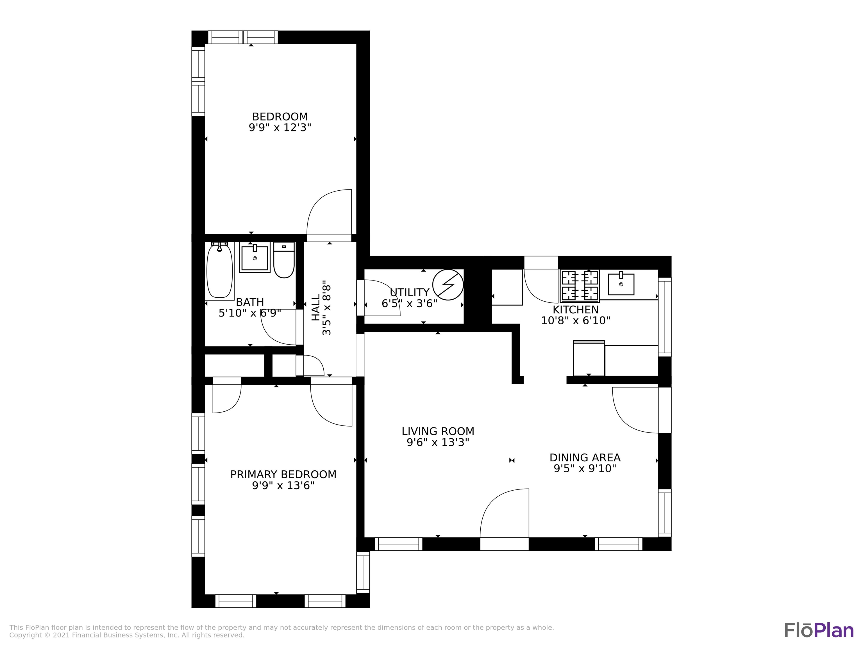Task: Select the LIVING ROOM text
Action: coord(438,431)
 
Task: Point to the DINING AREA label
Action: coord(585,457)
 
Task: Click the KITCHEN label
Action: coord(575,310)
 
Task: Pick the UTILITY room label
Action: coord(409,293)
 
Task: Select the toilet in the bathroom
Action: coord(284,261)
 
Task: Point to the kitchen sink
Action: coord(621,284)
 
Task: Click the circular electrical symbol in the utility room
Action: coord(448,285)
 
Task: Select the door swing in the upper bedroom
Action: coord(330,213)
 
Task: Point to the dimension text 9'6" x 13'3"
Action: coord(438,443)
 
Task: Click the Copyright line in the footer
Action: coord(127,635)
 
